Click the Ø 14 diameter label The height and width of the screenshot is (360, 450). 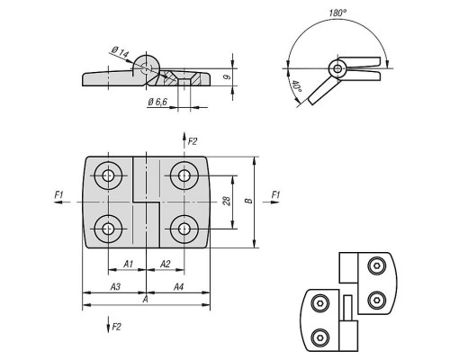pos(120,51)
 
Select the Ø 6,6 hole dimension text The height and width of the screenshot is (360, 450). pos(157,102)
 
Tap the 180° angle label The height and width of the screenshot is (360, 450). pos(337,13)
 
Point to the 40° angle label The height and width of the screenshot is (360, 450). pos(296,87)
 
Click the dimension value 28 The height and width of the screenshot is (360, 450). pos(227,201)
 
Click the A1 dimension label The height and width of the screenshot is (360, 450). pos(128,264)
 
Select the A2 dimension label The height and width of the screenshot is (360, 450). pos(165,264)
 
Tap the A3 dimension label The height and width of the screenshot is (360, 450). pos(115,287)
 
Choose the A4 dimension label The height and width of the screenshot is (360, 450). pos(178,287)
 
